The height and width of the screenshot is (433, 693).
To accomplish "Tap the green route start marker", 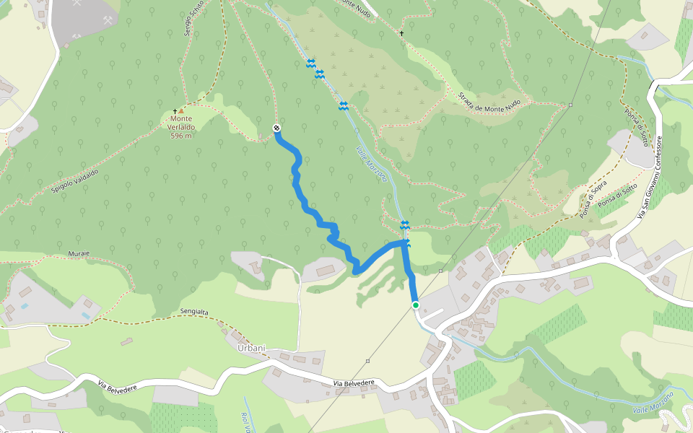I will pos(416,305).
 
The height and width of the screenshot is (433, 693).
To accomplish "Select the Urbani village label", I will pos(251,348).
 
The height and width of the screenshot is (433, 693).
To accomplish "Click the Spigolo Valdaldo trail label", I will pos(75,178).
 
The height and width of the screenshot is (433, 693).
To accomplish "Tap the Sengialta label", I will pos(194,312).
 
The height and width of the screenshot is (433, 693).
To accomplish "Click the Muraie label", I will pos(78,254).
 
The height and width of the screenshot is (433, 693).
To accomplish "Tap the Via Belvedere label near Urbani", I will pos(354,383).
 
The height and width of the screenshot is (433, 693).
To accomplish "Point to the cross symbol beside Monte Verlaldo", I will pos(175,110).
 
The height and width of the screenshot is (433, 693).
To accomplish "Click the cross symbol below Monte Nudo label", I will pos(402,33).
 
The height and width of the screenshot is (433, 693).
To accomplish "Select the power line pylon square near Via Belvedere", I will pos(368,361).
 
